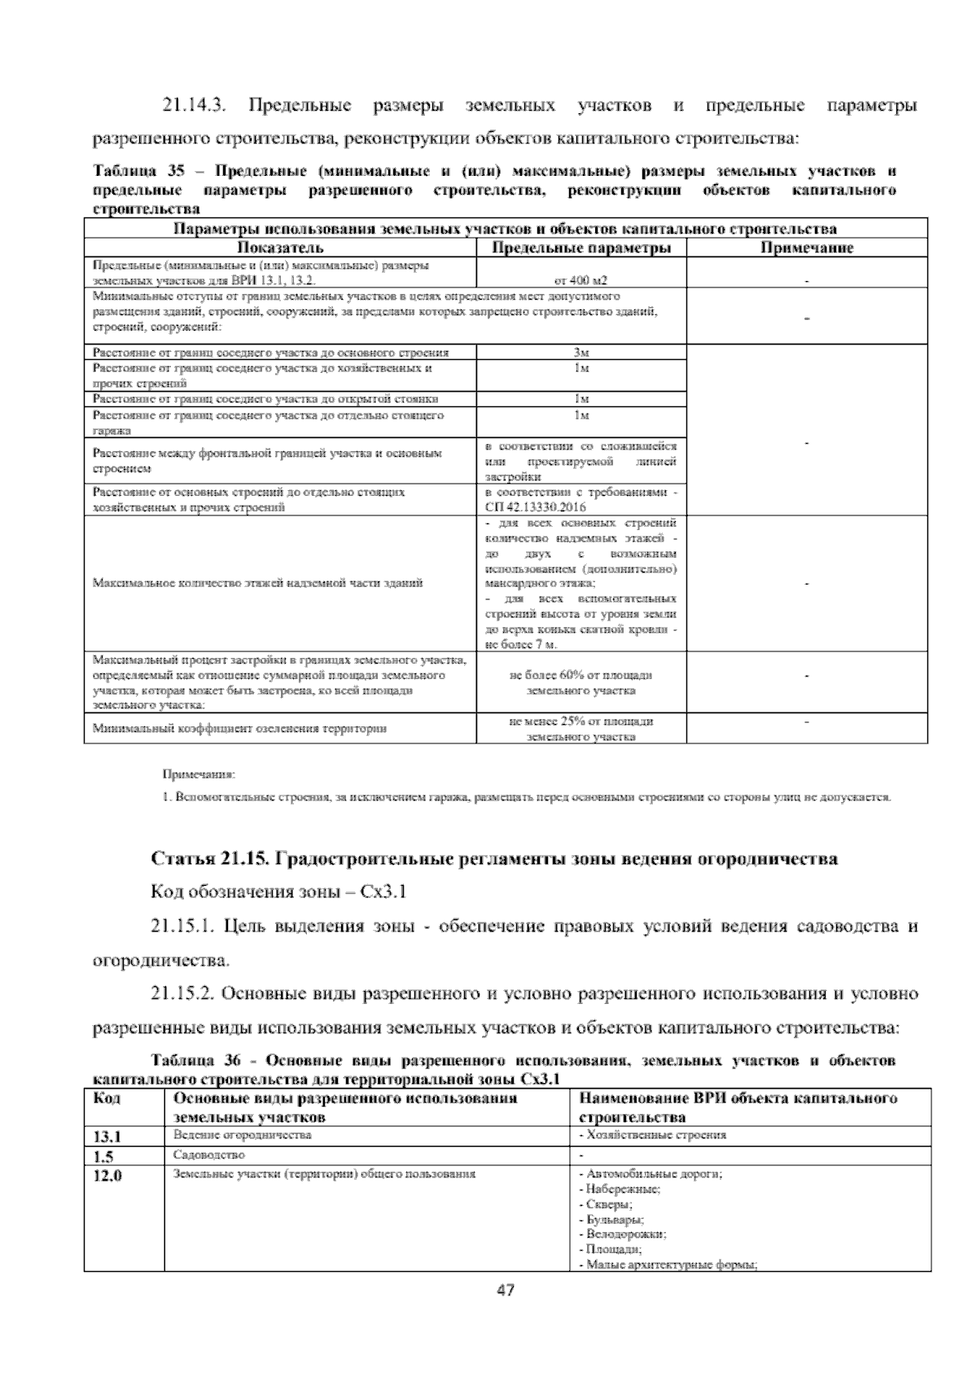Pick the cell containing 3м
581,353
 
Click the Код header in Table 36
107,1098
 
